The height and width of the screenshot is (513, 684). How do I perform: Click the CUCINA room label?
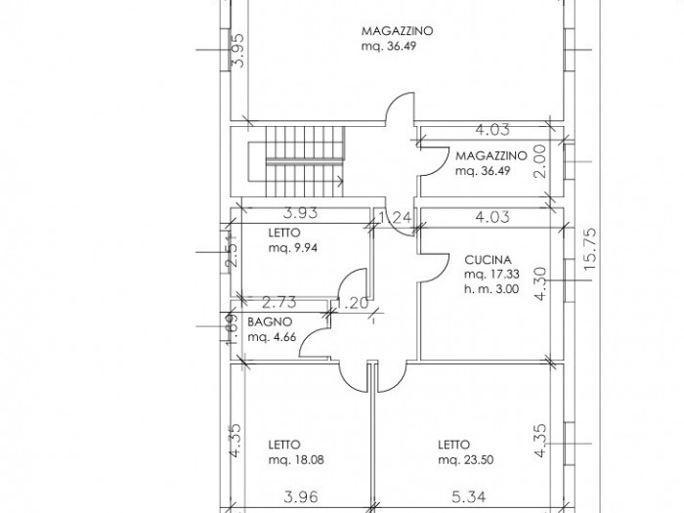488,260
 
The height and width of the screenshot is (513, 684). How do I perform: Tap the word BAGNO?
270,321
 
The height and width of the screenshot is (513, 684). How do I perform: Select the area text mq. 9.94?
293,248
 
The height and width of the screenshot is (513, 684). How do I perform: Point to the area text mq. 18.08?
296,460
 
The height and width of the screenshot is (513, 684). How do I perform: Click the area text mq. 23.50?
466,460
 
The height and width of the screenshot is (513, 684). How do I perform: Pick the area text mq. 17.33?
492,275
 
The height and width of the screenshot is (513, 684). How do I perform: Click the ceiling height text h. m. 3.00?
492,289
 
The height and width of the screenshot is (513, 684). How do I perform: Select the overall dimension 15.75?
589,249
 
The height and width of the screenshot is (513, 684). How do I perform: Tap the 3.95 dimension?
239,51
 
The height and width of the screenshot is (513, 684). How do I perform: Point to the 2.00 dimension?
539,161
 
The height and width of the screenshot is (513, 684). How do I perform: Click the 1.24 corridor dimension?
395,217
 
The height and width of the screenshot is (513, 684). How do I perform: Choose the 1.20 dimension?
353,303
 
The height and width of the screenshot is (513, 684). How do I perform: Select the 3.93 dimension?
301,213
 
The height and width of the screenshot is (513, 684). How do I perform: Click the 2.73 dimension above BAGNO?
279,302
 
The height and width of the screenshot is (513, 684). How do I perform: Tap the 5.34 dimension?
468,496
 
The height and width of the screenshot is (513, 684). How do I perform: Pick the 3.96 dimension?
301,496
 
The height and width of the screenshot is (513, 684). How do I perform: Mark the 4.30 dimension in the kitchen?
539,284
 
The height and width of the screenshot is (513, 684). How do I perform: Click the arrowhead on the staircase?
341,180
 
